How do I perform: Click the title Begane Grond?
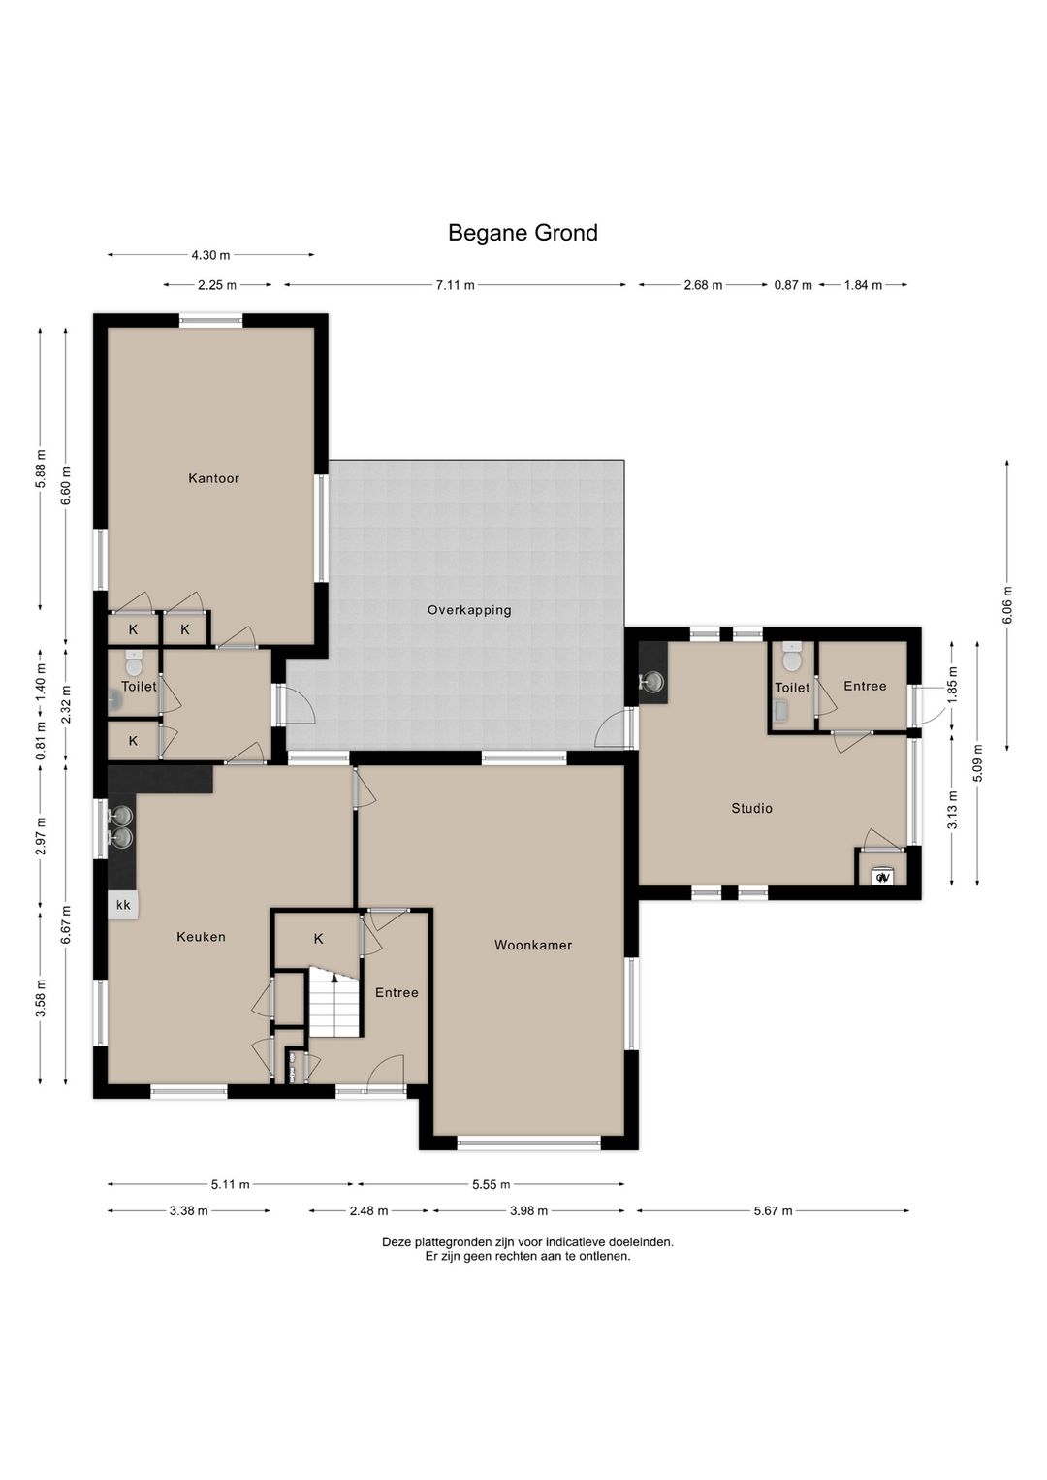523,233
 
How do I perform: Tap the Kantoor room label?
213,478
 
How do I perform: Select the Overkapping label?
469,610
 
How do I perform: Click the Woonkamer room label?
533,946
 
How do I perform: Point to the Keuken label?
201,937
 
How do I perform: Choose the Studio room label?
751,808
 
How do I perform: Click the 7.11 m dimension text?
456,285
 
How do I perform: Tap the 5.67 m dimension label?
773,1211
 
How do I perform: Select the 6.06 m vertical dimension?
1006,604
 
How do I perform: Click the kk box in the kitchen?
123,905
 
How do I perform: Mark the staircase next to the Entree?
335,1003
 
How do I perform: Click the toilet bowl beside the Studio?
791,657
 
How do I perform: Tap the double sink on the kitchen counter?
121,826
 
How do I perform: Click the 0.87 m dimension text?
793,285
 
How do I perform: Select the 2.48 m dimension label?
368,1211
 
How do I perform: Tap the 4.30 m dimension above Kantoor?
210,254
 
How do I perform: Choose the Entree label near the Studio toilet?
865,686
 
